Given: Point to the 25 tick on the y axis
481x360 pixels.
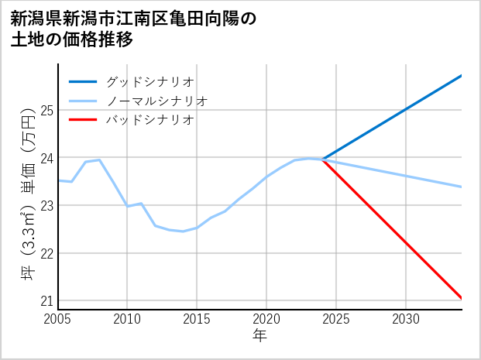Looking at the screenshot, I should pyautogui.click(x=46, y=110).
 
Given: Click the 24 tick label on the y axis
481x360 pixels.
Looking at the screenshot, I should pyautogui.click(x=46, y=158).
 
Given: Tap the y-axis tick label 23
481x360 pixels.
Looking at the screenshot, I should pyautogui.click(x=46, y=206).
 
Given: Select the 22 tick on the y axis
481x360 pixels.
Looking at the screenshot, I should pyautogui.click(x=46, y=253).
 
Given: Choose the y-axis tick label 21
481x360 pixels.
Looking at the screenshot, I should pyautogui.click(x=46, y=301).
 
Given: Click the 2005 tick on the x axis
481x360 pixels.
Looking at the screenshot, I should pyautogui.click(x=58, y=319).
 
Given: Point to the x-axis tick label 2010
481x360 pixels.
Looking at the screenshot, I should pyautogui.click(x=128, y=319).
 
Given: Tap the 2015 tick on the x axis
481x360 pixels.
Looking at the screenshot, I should pyautogui.click(x=197, y=319).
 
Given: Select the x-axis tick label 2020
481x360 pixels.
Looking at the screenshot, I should pyautogui.click(x=266, y=319).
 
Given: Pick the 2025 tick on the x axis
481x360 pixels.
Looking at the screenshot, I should pyautogui.click(x=336, y=319).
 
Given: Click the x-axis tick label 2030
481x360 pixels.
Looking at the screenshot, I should pyautogui.click(x=406, y=319).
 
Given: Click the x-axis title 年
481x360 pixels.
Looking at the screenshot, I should pyautogui.click(x=260, y=336).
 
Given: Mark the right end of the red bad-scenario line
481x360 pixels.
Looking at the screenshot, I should pyautogui.click(x=462, y=298).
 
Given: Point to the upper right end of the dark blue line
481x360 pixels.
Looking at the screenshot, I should pyautogui.click(x=462, y=75).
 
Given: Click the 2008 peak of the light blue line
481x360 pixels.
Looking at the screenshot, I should pyautogui.click(x=100, y=159).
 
